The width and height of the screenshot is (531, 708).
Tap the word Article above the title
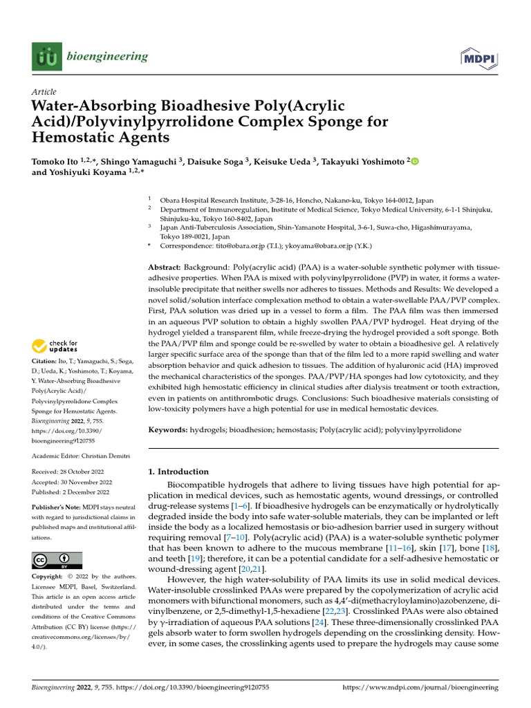click(x=44, y=92)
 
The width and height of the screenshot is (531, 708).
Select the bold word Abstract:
click(x=165, y=267)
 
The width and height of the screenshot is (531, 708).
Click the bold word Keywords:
click(x=168, y=430)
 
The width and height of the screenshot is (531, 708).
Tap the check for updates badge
click(x=55, y=345)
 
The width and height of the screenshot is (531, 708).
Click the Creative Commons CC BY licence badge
click(x=57, y=559)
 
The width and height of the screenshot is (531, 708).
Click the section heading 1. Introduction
click(x=179, y=472)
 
